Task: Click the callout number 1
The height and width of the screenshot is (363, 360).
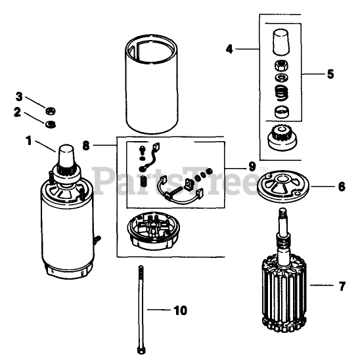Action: (x=29, y=140)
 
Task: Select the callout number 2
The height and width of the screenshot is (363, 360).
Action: (x=17, y=112)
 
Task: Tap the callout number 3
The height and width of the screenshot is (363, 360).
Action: (x=19, y=96)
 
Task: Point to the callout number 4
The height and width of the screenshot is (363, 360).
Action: (x=229, y=49)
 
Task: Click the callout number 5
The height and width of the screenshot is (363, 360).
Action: (x=330, y=74)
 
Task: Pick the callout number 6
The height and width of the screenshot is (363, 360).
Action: (x=342, y=186)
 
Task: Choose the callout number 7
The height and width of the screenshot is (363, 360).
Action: (x=342, y=286)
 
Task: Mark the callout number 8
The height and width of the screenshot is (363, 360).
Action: (x=86, y=146)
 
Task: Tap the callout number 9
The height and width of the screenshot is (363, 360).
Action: (x=252, y=166)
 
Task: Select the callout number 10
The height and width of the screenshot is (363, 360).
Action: (x=181, y=310)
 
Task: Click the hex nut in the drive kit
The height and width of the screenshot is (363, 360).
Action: (x=282, y=65)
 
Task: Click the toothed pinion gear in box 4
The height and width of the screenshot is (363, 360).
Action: (x=282, y=139)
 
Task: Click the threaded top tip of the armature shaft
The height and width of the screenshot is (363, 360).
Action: (x=282, y=212)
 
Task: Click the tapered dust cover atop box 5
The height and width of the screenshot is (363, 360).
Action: (x=281, y=42)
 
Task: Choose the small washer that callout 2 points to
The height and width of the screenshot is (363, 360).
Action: (x=51, y=124)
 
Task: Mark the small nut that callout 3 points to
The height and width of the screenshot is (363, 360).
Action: (x=51, y=111)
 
